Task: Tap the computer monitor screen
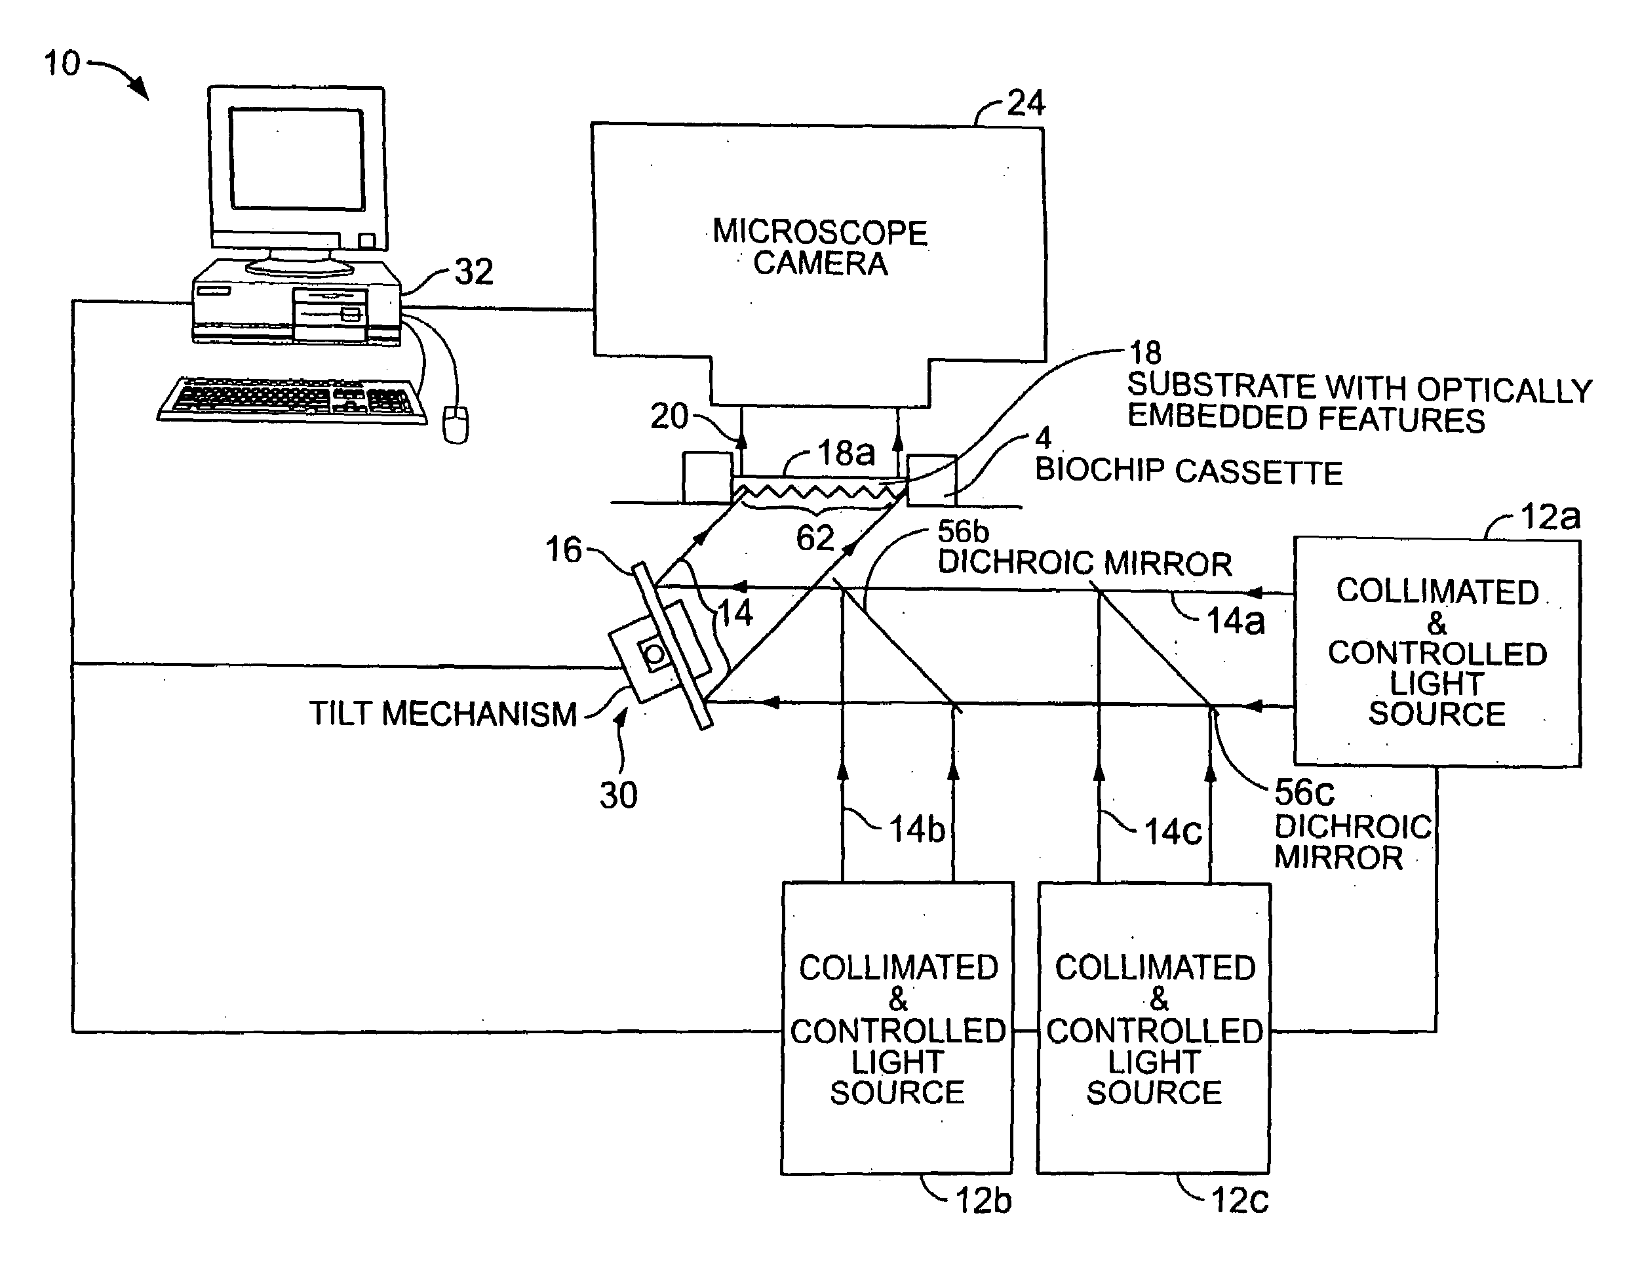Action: tap(297, 159)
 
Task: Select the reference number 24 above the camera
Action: tap(1026, 102)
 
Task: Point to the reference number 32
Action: tap(474, 271)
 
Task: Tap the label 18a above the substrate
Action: tap(846, 453)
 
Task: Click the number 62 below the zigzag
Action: tap(815, 538)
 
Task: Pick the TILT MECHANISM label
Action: tap(443, 714)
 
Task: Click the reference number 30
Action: tap(618, 795)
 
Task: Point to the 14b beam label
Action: tap(917, 830)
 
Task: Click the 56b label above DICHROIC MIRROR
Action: tap(963, 532)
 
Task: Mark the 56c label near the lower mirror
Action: tap(1304, 792)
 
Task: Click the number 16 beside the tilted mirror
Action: tap(564, 549)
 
